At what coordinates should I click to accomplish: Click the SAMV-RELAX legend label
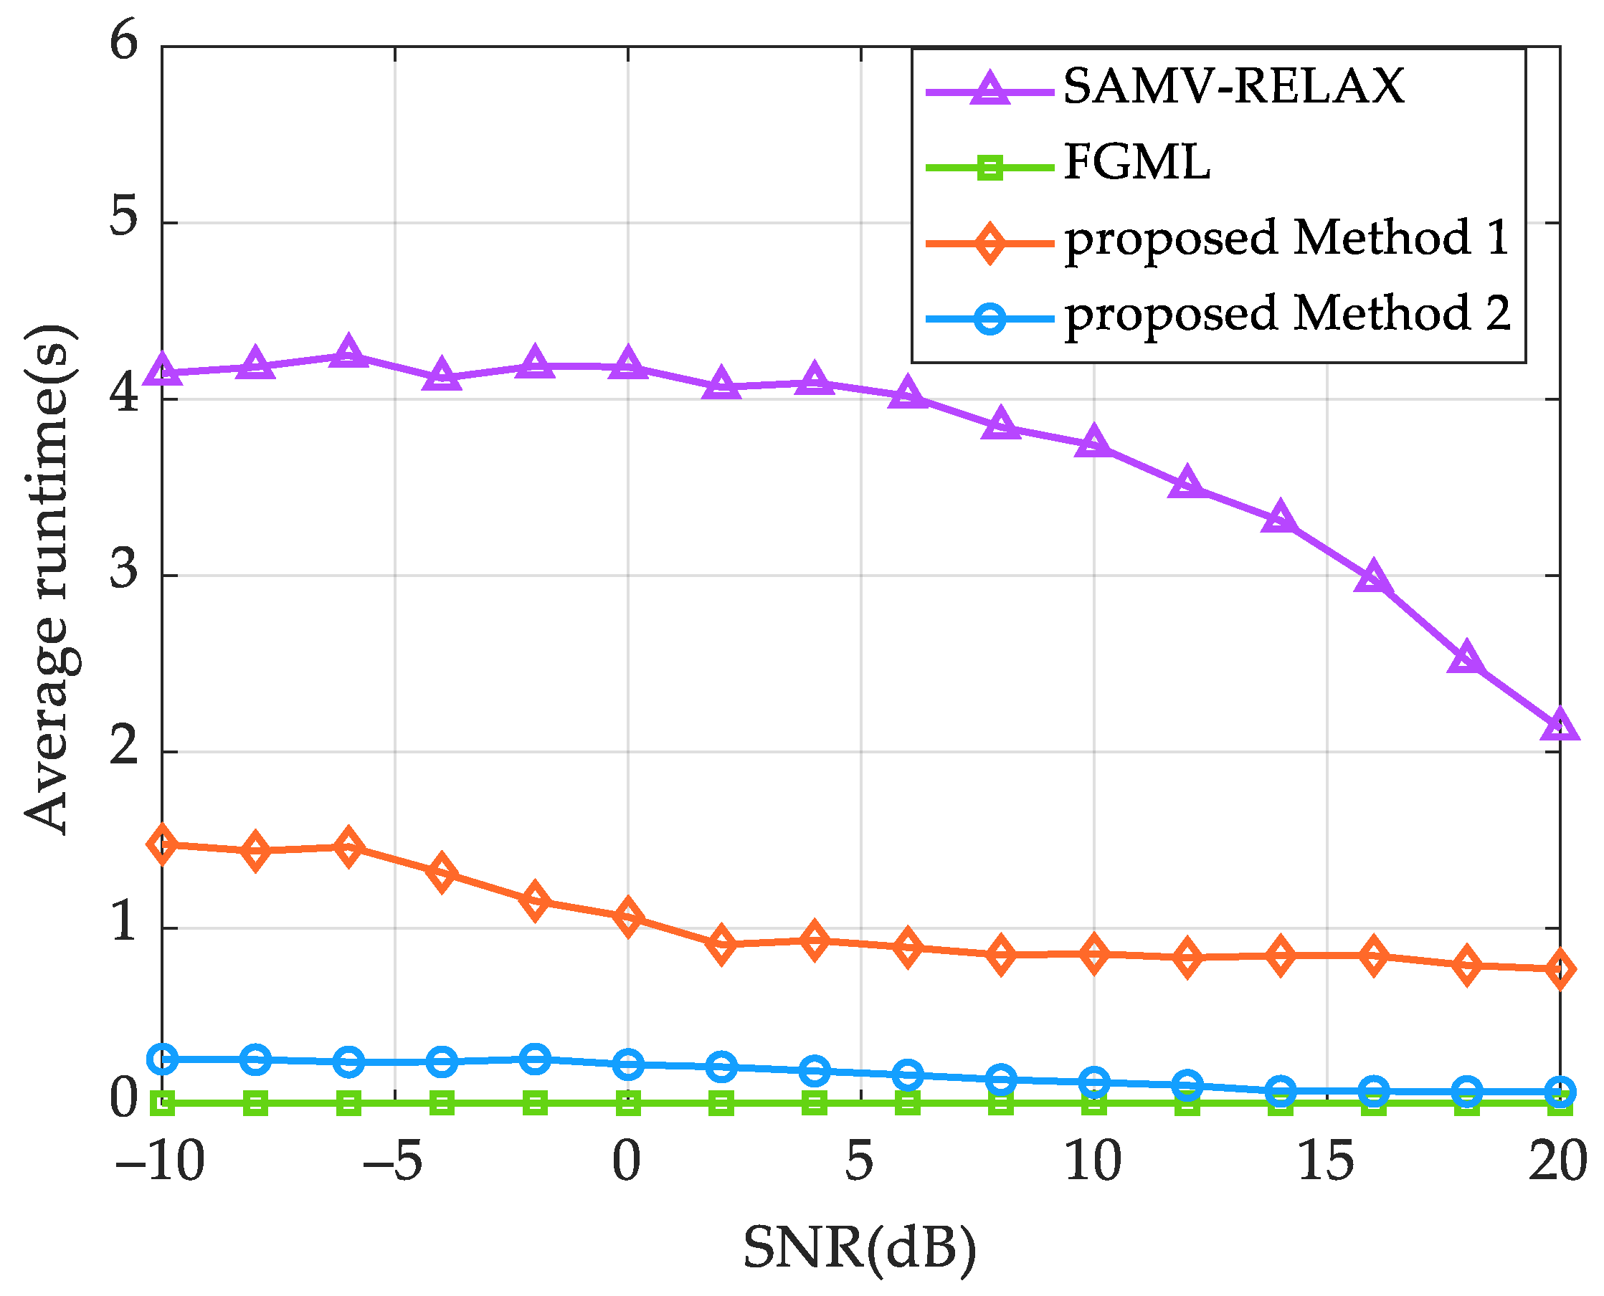coord(1233,87)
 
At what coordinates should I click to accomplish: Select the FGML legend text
coord(1136,163)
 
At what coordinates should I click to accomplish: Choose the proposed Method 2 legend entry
coord(1286,313)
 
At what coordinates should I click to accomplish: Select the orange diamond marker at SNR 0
coord(628,917)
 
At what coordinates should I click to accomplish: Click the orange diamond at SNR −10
coord(162,844)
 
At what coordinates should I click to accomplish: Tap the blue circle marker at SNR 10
coord(1094,1082)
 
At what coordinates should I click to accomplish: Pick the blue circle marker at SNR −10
coord(162,1059)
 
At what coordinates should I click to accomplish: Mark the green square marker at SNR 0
coord(628,1103)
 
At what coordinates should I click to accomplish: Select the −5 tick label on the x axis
coord(393,1163)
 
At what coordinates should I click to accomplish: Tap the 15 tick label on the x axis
coord(1326,1163)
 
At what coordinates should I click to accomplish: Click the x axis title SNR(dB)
coord(860,1248)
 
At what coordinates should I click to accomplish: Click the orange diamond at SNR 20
coord(1560,969)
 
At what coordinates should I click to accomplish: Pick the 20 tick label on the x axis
coord(1557,1163)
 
